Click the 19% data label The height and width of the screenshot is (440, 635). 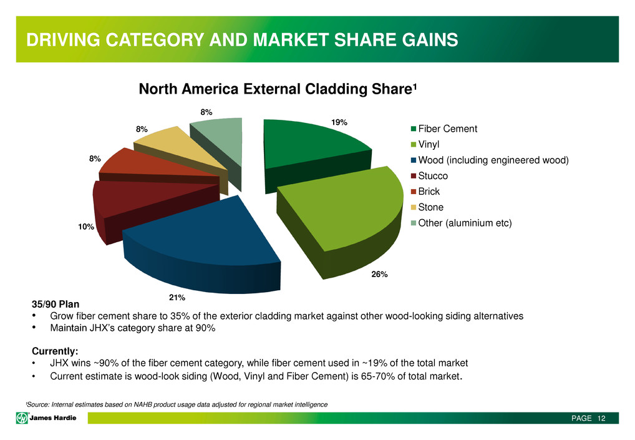pyautogui.click(x=339, y=123)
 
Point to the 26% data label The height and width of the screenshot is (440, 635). pyautogui.click(x=380, y=274)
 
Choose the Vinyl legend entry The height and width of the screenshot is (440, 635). pyautogui.click(x=433, y=145)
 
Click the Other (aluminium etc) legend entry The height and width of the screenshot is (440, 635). pyautogui.click(x=464, y=223)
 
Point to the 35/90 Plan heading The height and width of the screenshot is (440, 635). pyautogui.click(x=56, y=305)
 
